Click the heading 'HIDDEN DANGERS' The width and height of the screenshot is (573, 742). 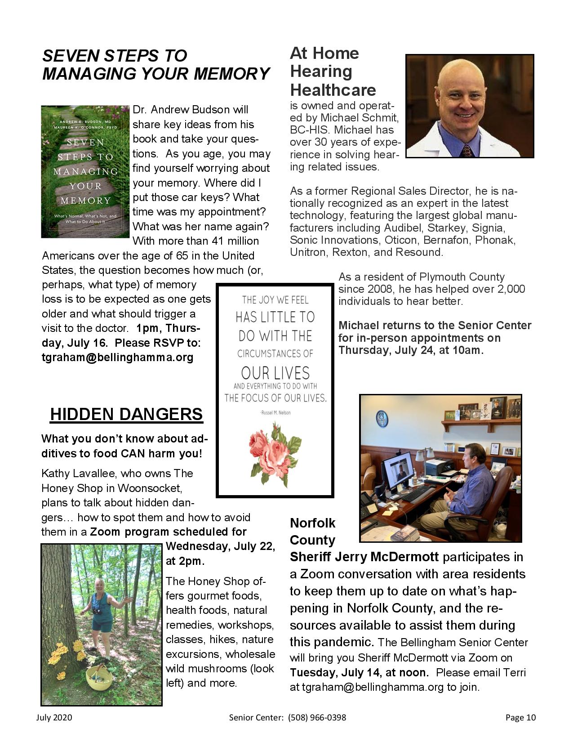pos(126,414)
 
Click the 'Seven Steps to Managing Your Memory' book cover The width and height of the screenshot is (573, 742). pos(85,172)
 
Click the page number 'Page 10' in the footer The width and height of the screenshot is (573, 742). pos(520,718)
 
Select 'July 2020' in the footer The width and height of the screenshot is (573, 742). pos(54,718)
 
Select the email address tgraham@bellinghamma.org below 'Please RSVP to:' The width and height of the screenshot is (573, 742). pos(117,358)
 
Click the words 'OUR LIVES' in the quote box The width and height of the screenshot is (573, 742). pos(275,373)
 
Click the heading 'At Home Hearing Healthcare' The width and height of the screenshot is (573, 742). pos(333,72)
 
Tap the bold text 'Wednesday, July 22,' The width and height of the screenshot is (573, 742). pos(220,546)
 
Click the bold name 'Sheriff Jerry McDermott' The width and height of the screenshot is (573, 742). pos(364,557)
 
